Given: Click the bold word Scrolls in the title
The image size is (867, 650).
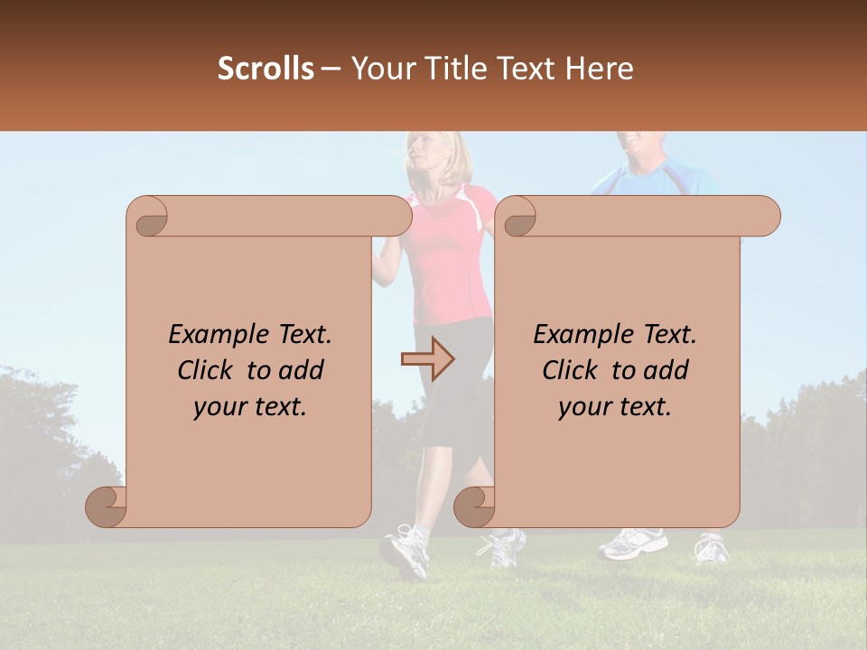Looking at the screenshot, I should coord(266,69).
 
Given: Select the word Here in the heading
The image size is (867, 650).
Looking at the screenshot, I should coord(600,69).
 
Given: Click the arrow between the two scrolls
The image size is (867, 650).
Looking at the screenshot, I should coord(427,359).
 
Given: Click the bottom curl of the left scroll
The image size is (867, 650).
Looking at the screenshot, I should coord(106,507).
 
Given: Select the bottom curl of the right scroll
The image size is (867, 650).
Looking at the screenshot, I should coord(474,507).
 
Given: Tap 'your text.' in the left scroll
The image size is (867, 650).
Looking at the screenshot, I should coord(250,407).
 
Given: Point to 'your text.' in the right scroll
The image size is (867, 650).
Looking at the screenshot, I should coord(615,407).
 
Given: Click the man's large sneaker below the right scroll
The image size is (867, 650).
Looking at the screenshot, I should coord(632,543).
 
